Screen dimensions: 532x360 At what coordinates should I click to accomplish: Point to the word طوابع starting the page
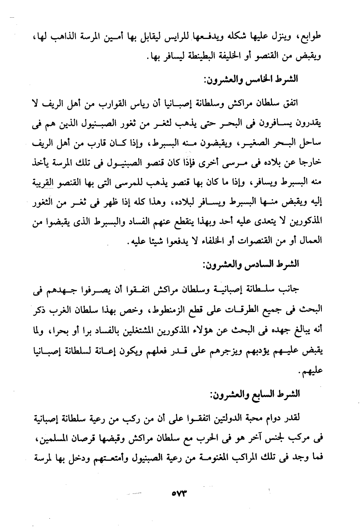310,37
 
